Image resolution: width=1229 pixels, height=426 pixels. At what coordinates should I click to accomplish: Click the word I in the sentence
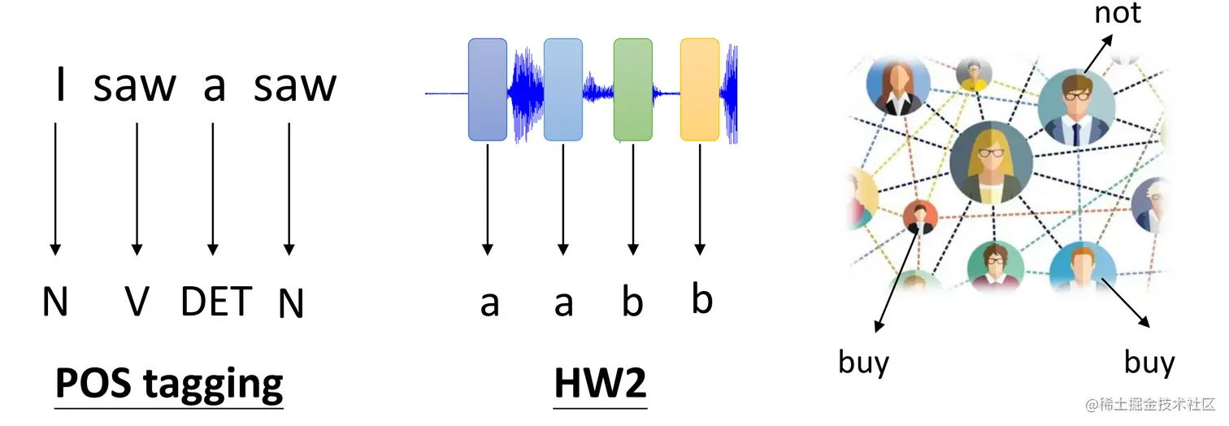tap(59, 85)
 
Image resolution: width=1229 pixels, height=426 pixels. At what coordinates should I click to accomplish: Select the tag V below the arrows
tap(137, 302)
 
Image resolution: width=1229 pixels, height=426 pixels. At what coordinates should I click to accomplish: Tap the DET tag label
tap(216, 301)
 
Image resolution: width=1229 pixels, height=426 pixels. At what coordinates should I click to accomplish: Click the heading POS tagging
tap(169, 382)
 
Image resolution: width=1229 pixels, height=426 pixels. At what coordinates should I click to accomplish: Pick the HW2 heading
tap(600, 383)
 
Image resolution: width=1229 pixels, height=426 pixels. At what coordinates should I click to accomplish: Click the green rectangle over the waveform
tap(632, 89)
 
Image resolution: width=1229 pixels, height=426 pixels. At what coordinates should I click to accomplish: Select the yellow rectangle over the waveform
tap(699, 89)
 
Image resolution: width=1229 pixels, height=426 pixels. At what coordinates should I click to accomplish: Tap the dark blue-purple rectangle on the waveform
tap(487, 89)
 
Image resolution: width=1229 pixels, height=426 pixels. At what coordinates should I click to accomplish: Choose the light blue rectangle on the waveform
tap(562, 89)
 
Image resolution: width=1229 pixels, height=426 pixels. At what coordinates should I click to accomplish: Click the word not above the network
tap(1118, 13)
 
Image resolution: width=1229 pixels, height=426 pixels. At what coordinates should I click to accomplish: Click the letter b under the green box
tap(632, 302)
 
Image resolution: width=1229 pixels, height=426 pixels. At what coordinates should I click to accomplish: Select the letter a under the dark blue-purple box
tap(489, 303)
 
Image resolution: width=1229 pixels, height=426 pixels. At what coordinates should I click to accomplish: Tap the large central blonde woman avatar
tap(991, 163)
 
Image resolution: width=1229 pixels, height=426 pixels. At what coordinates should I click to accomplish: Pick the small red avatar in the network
tap(920, 216)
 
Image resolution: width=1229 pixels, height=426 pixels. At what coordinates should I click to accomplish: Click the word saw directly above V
tap(134, 85)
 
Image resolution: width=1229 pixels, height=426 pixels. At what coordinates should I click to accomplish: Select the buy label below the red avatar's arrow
tap(863, 362)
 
